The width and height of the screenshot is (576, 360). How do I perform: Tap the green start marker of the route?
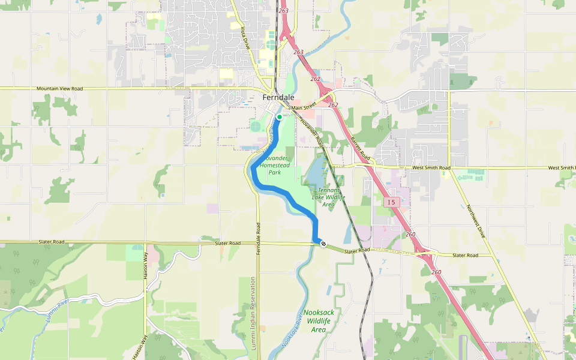tap(279, 117)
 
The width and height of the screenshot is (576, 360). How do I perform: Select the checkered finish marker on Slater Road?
tap(323, 244)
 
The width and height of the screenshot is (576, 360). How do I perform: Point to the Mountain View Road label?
tap(59, 88)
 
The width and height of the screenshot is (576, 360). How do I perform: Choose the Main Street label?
tap(303, 108)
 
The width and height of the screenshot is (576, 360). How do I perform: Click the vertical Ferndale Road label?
tap(259, 238)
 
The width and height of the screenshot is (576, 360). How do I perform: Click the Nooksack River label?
tap(292, 331)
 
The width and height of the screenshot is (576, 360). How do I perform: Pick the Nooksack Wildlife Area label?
tap(319, 321)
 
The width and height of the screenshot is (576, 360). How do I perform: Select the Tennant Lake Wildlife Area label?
tap(328, 197)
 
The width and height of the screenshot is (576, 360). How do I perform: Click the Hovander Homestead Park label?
tap(275, 164)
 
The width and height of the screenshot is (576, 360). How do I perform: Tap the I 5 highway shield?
tap(392, 202)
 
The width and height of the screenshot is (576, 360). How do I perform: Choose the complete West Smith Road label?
tap(431, 168)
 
